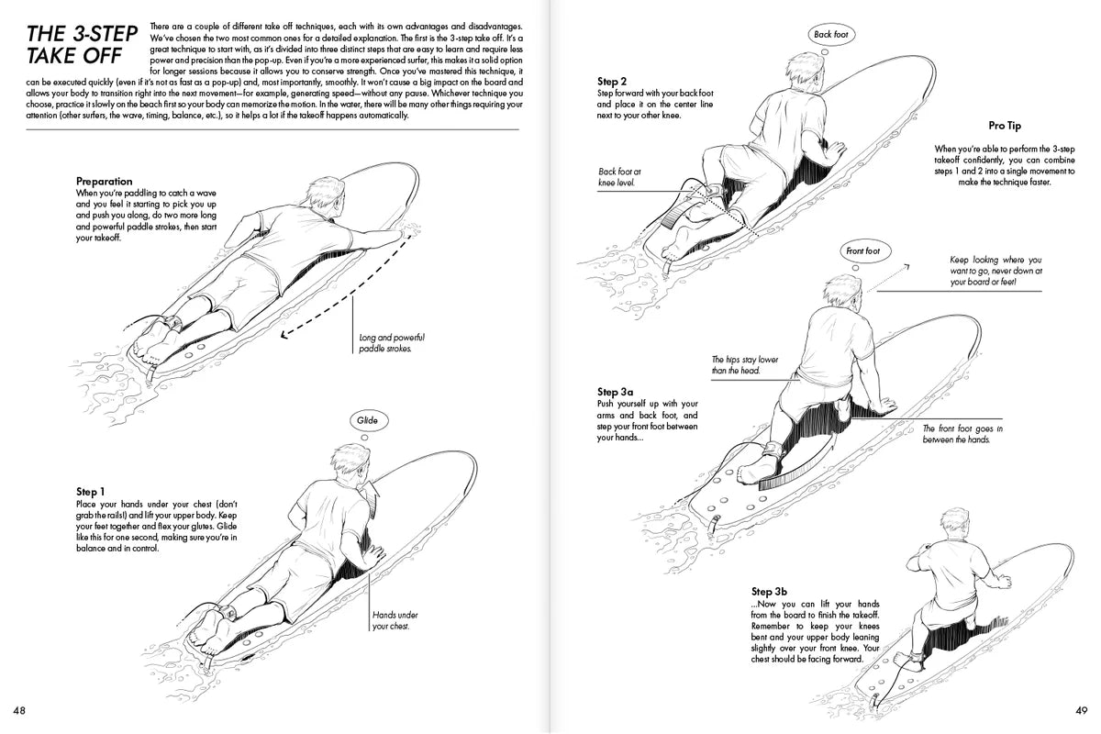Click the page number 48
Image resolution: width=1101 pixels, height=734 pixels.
18,710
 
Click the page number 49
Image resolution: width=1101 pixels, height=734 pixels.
1081,710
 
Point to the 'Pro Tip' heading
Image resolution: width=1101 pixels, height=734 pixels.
1004,126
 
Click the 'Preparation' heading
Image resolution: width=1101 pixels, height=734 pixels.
104,182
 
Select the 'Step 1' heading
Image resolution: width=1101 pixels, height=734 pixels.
93,493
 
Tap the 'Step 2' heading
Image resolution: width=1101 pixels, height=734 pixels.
613,81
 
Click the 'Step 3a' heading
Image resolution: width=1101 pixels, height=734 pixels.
617,391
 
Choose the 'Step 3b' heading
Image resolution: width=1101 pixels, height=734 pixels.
769,591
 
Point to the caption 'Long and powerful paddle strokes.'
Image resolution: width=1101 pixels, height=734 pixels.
392,343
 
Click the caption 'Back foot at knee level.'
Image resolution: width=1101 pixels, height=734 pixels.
620,177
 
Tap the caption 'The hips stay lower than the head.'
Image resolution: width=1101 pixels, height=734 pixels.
744,365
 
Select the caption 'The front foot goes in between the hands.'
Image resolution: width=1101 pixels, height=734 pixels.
962,434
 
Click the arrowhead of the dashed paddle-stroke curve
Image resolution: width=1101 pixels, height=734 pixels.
284,336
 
